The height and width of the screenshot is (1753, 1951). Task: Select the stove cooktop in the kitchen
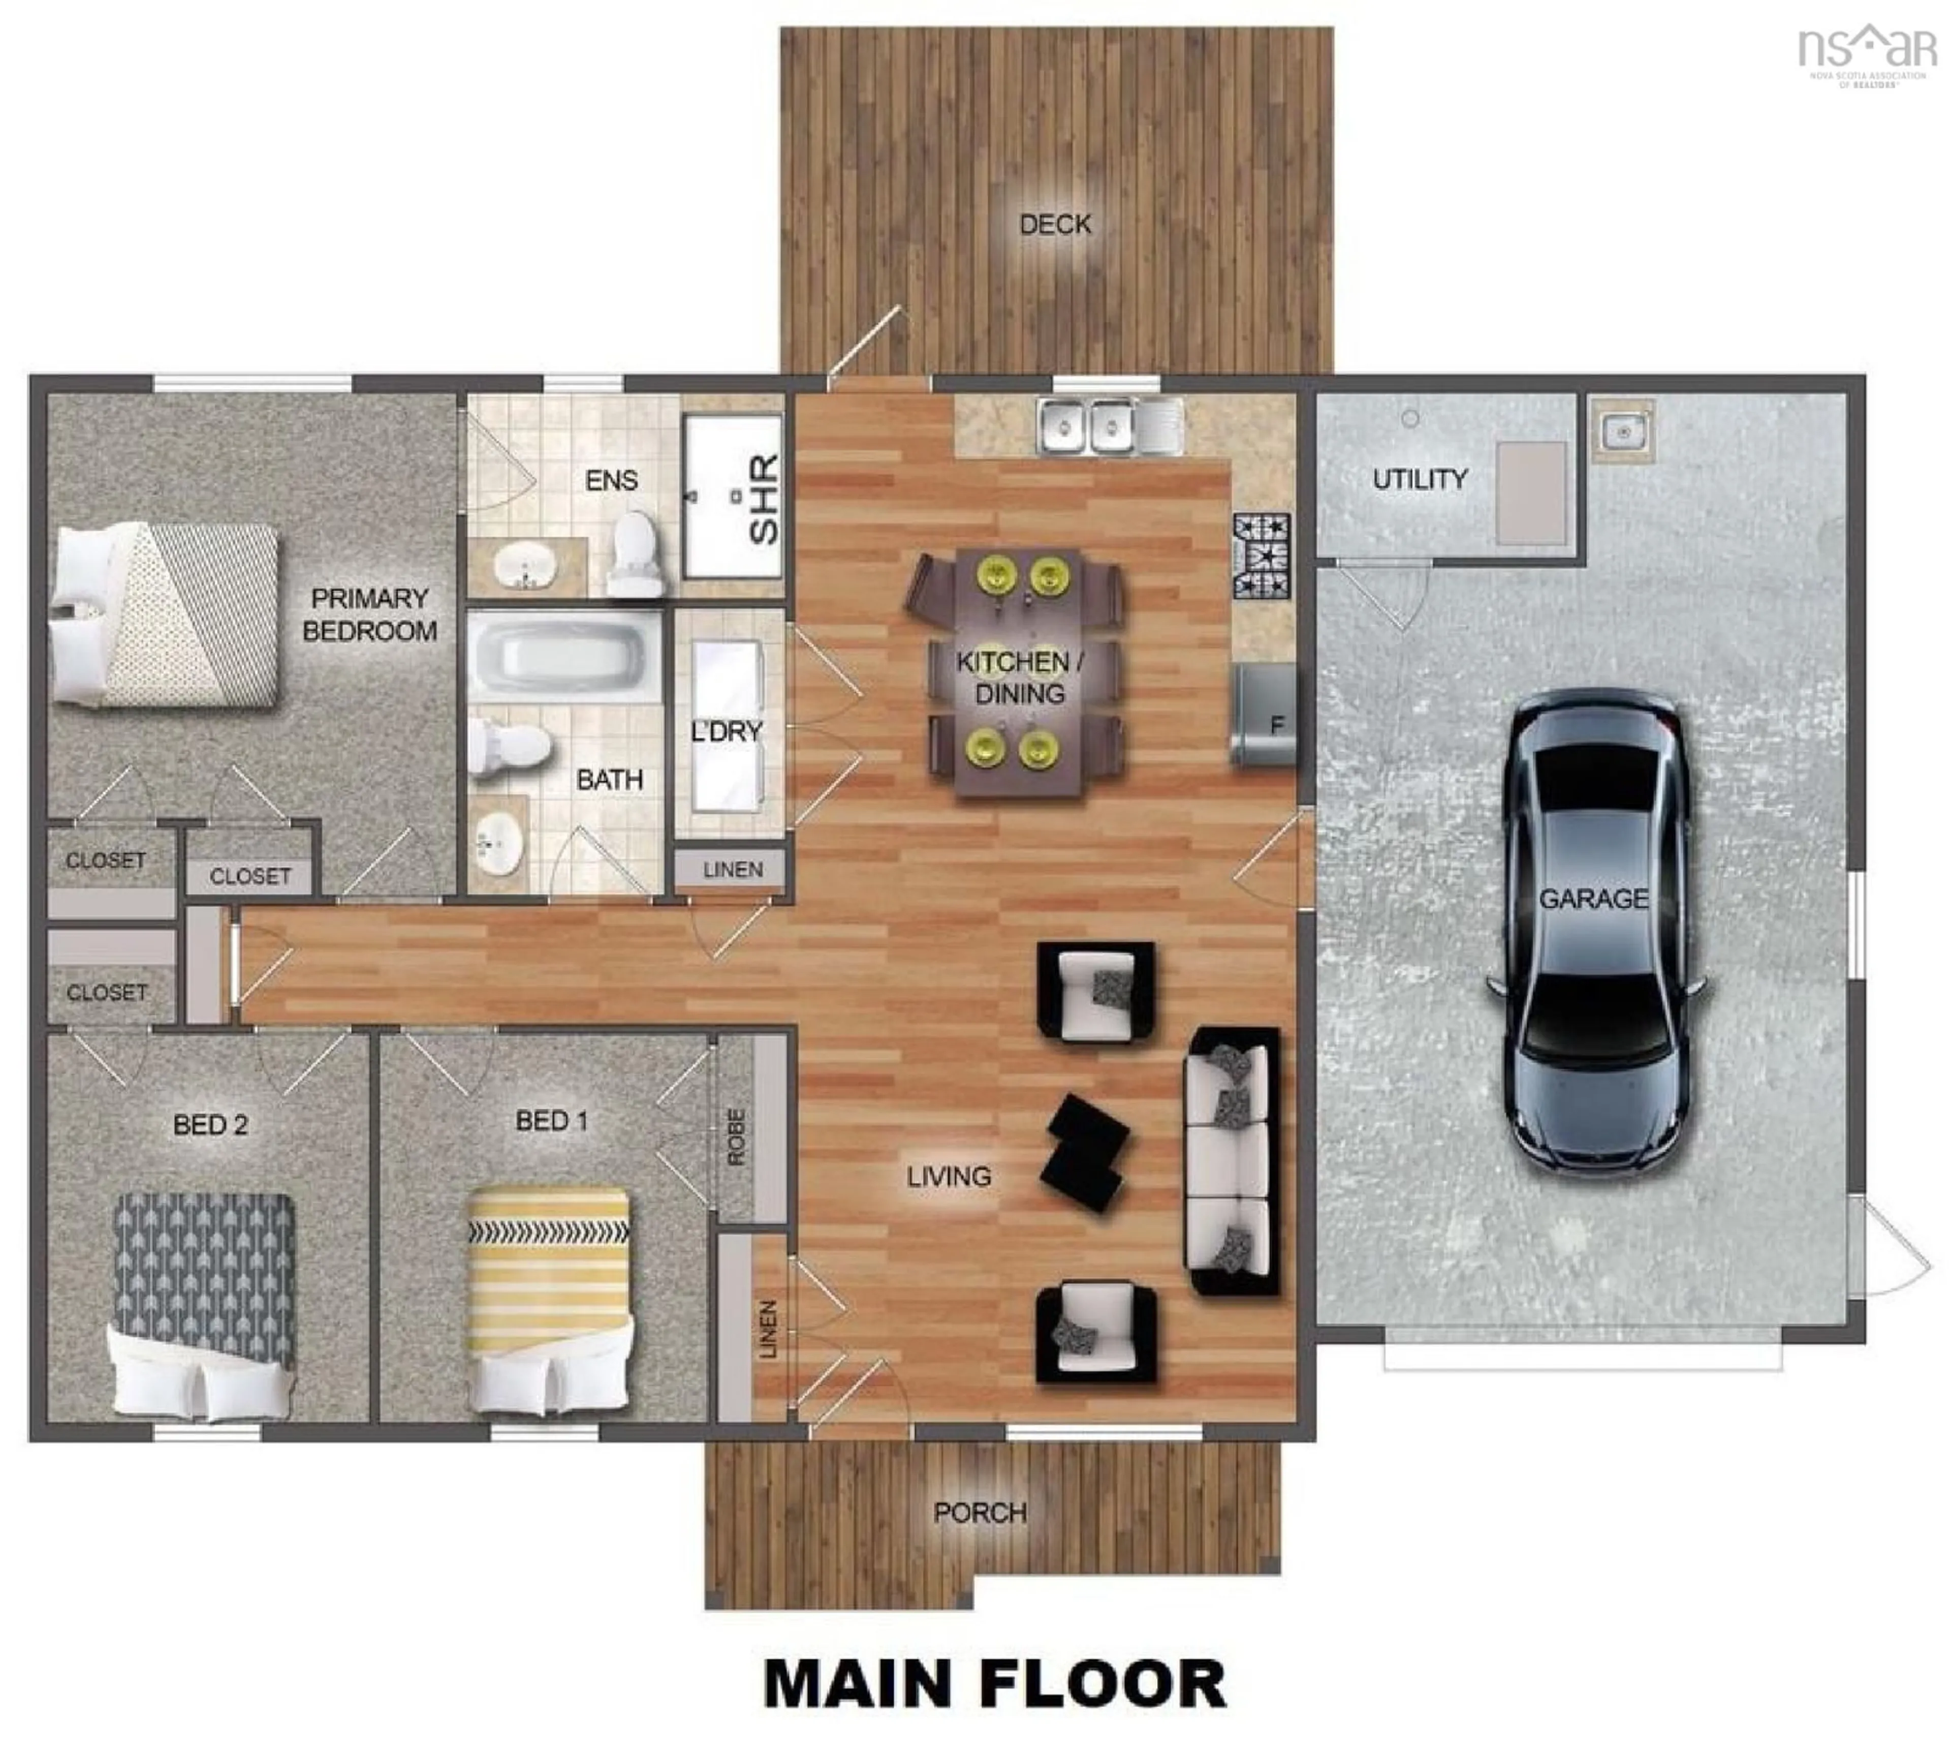pos(1262,556)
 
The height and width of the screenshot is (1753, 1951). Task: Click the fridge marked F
pos(1265,714)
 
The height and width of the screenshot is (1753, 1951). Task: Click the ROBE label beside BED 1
pos(736,1136)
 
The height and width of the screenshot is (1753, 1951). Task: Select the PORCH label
pos(980,1512)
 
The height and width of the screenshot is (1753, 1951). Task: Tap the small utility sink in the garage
pos(1622,430)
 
